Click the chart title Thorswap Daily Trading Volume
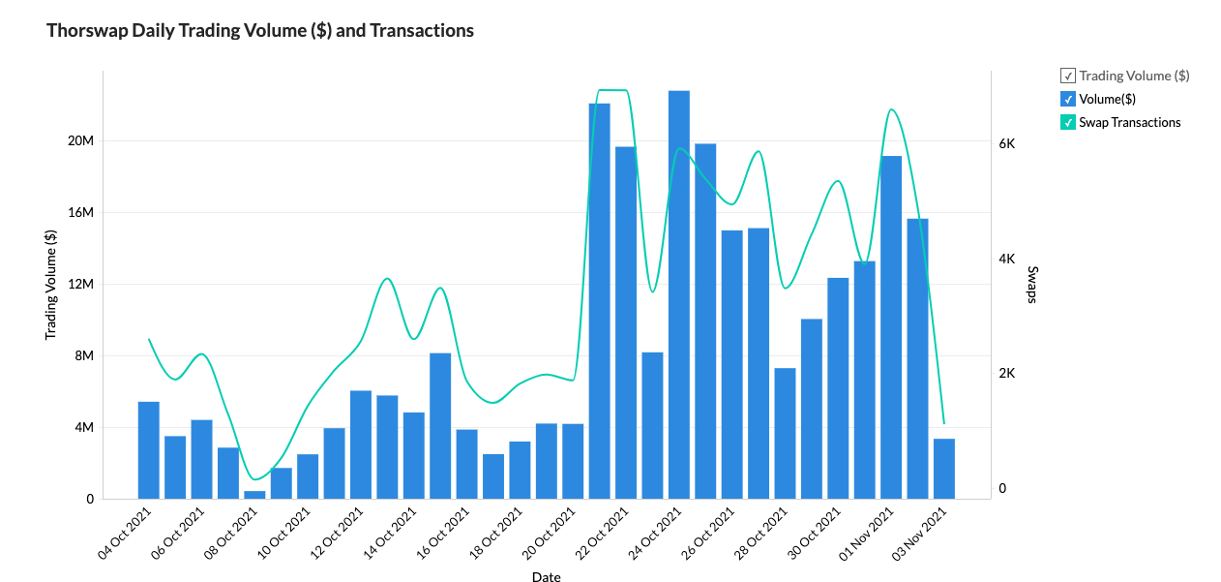pos(260,31)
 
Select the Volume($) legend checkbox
pos(1068,99)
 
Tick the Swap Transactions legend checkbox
pos(1068,122)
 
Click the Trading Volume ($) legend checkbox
pos(1068,76)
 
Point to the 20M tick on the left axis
pos(80,141)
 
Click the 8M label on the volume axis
pos(83,356)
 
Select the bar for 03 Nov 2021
pos(944,469)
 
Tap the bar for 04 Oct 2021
pos(149,450)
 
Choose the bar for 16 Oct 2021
pos(440,426)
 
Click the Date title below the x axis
pos(546,577)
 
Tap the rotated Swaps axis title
pos(1032,285)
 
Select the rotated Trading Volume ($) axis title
pos(50,285)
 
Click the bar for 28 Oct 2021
pos(785,433)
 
